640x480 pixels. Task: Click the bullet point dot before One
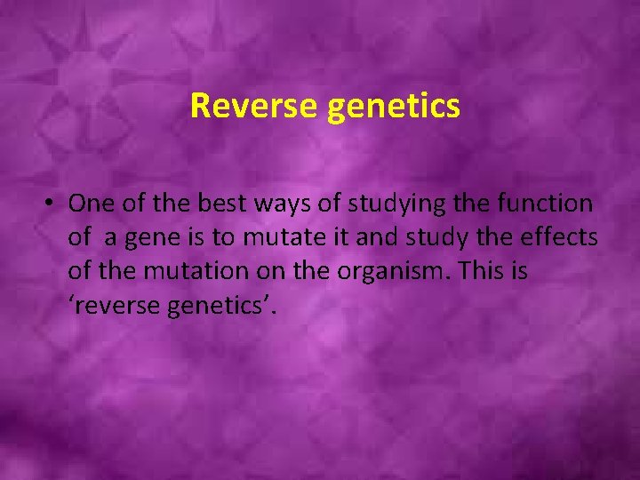[x=52, y=204]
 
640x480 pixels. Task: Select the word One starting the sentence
[x=90, y=204]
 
